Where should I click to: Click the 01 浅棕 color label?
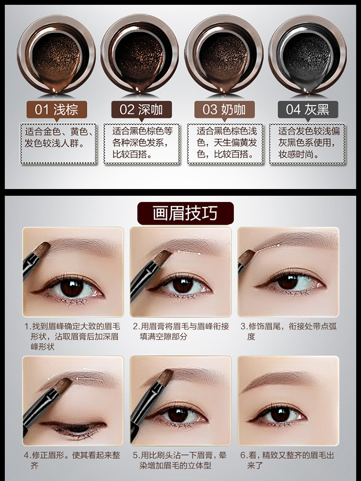pyautogui.click(x=57, y=110)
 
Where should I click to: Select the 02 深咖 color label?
pyautogui.click(x=142, y=110)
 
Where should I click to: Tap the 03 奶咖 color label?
pyautogui.click(x=225, y=110)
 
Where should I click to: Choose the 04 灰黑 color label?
pyautogui.click(x=308, y=110)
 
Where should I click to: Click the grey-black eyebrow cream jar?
pyautogui.click(x=308, y=54)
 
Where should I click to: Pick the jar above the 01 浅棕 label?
pyautogui.click(x=56, y=54)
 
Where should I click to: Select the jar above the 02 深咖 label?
pyautogui.click(x=140, y=54)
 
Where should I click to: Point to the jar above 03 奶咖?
pyautogui.click(x=224, y=54)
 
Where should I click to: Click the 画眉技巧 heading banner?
pyautogui.click(x=185, y=213)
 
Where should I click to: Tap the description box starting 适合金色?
pyautogui.click(x=59, y=143)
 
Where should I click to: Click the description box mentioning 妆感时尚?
pyautogui.click(x=308, y=143)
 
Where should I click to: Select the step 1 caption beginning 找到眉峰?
pyautogui.click(x=73, y=336)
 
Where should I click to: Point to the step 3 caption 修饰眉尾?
pyautogui.click(x=288, y=331)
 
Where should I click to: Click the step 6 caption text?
pyautogui.click(x=287, y=460)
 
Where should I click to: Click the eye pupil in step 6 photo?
pyautogui.click(x=280, y=415)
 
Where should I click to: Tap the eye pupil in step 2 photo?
pyautogui.click(x=183, y=285)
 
